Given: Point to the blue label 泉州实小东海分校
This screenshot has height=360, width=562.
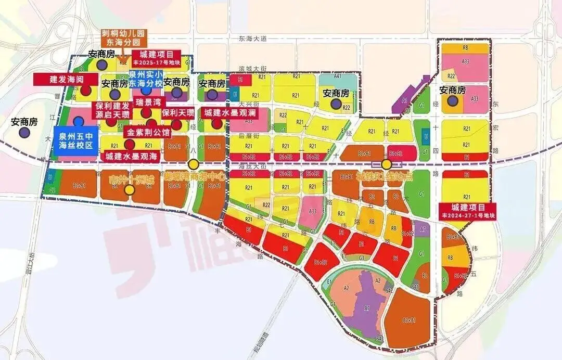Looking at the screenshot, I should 147,79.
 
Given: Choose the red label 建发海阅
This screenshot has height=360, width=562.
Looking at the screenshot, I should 66,80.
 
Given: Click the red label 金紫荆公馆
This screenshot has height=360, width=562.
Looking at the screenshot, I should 148,133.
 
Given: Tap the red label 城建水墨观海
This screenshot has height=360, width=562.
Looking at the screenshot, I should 132,156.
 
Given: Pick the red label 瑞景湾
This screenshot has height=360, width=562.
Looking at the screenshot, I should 147,101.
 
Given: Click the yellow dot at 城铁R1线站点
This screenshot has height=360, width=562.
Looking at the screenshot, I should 386,164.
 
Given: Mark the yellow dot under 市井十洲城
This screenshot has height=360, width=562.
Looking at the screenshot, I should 130,190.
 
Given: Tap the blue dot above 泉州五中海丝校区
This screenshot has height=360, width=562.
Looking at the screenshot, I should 79,121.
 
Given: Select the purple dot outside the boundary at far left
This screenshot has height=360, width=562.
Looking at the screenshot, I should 24,132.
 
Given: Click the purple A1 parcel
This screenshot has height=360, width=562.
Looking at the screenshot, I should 404,100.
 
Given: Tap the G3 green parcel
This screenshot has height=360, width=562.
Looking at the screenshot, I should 362,258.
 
